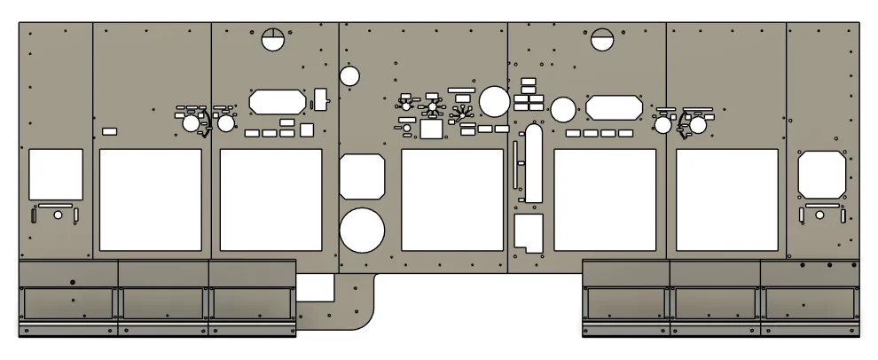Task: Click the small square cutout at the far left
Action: tap(56, 174)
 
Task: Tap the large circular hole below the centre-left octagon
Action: tap(362, 230)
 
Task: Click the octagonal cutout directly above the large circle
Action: tap(362, 176)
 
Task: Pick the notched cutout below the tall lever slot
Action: tap(529, 230)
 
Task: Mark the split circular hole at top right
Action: tap(603, 39)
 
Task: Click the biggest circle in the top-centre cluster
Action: tap(494, 100)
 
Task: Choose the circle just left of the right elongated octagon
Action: tap(562, 109)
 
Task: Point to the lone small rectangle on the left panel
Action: tap(110, 131)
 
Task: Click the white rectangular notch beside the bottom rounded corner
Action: tap(315, 287)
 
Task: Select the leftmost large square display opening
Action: tap(151, 200)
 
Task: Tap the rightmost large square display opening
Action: tap(727, 200)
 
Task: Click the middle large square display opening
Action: tap(452, 200)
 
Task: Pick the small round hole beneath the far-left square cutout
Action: tap(59, 215)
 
